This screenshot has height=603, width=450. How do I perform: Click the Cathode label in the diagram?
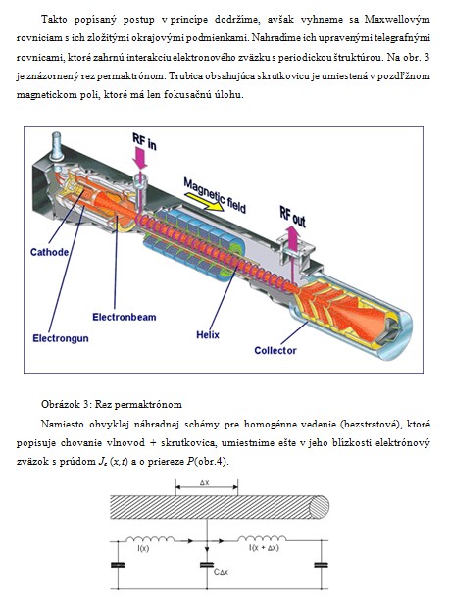coord(49,252)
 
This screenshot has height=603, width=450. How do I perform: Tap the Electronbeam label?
coord(125,318)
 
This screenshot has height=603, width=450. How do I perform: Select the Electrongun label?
coord(61,338)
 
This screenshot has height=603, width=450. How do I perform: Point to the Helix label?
coord(208,335)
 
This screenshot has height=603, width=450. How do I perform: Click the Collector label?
coord(275,351)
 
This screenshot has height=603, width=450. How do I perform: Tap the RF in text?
coord(144,142)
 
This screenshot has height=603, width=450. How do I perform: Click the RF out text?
coord(293,217)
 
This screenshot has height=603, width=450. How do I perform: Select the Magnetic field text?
coord(215,195)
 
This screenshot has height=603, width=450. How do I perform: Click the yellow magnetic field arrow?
coord(204,202)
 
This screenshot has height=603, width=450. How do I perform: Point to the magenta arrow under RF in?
coord(139,159)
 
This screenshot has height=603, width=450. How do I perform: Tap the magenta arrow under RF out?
coord(293,239)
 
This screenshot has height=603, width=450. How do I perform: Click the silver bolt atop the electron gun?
coord(57,147)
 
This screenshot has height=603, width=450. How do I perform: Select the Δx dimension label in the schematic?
coord(205,483)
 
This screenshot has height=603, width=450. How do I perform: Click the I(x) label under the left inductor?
coord(143,549)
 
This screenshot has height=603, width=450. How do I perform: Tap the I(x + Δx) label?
coord(264,548)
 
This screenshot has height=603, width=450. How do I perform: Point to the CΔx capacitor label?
coord(221,572)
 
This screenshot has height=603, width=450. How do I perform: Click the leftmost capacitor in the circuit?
coord(118,565)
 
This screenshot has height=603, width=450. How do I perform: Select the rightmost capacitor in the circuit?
coord(322,565)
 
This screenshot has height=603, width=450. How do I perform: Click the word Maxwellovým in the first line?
coord(397,19)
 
